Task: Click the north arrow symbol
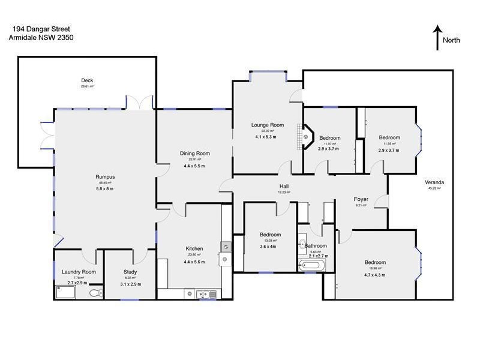pos(438,37)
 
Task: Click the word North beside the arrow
pos(451,41)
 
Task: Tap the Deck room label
pos(88,80)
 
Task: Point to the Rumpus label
pos(105,177)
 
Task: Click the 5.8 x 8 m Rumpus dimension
pos(105,189)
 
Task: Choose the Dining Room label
pos(194,154)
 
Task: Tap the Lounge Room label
pos(267,125)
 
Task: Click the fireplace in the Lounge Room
pos(307,136)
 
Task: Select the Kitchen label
pos(194,249)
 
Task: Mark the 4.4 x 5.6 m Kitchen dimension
pos(194,262)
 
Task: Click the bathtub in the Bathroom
pos(311,266)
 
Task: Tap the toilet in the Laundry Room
pos(95,293)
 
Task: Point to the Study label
pos(130,272)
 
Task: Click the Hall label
pos(284,187)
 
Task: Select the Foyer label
pos(361,199)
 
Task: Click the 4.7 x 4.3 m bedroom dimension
pos(375,275)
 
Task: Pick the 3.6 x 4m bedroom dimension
pos(268,246)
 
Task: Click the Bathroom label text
pos(316,246)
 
